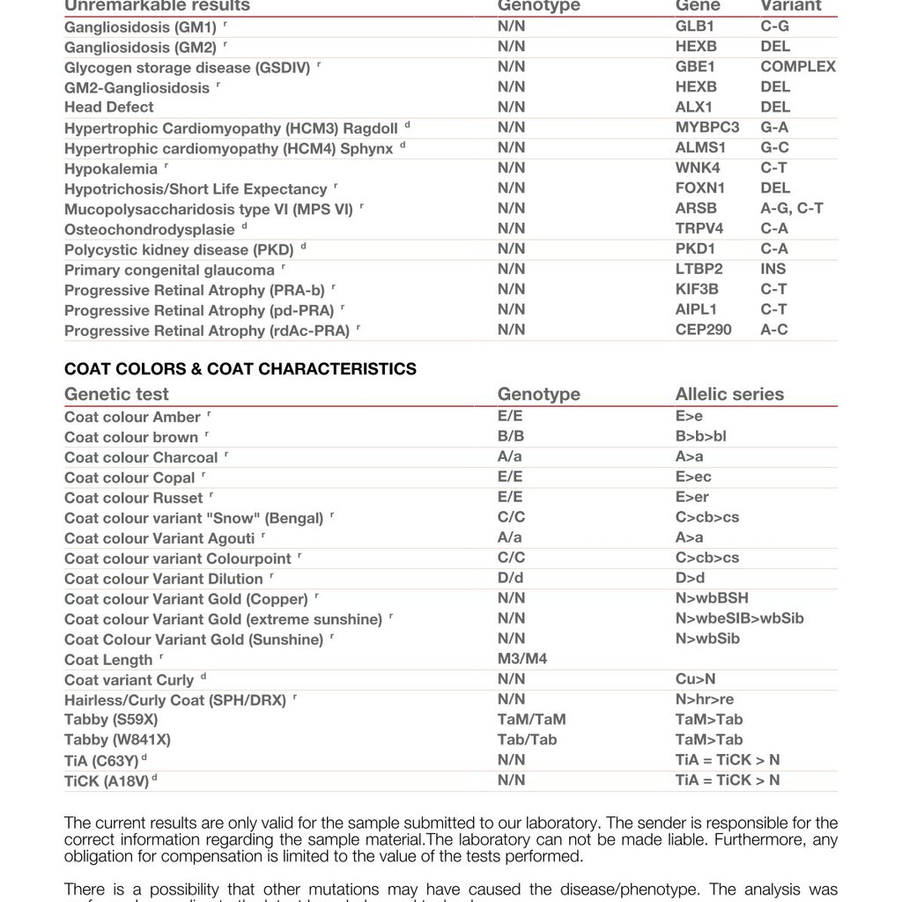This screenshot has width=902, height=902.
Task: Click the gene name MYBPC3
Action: tap(707, 128)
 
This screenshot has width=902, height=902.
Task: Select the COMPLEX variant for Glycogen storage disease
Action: tap(798, 67)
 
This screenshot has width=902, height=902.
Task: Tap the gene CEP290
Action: tap(703, 330)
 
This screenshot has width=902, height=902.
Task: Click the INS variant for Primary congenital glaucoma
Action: tap(773, 270)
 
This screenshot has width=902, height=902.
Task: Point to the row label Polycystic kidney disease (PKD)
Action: tap(179, 250)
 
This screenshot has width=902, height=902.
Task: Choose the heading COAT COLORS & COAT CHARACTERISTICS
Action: tap(240, 369)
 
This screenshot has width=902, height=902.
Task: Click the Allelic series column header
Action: tap(729, 395)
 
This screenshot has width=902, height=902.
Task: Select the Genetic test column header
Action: tap(116, 395)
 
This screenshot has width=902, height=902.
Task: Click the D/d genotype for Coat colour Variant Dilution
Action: tap(510, 579)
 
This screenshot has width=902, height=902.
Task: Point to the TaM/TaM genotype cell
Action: tap(531, 720)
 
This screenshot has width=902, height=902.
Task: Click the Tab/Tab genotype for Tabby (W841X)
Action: tap(527, 740)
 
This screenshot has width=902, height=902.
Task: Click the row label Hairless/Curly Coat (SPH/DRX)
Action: tap(175, 701)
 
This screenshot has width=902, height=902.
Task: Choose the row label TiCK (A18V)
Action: tap(106, 781)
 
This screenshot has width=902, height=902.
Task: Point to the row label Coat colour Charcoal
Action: tap(141, 458)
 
